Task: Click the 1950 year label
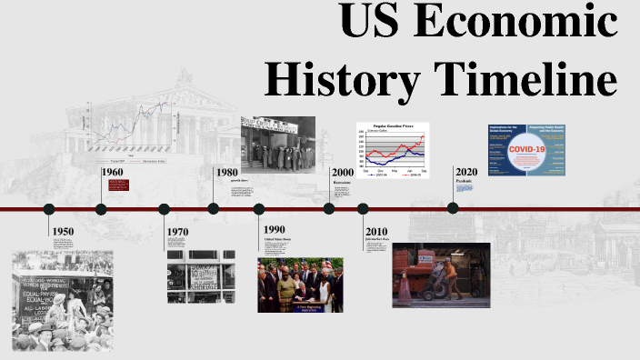pyautogui.click(x=64, y=232)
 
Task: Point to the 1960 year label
pyautogui.click(x=113, y=173)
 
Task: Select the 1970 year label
pyautogui.click(x=177, y=232)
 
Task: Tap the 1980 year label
pyautogui.click(x=227, y=173)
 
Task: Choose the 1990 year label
pyautogui.click(x=275, y=228)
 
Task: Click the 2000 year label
pyautogui.click(x=343, y=173)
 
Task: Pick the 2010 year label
pyautogui.click(x=376, y=232)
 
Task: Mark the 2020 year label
pyautogui.click(x=465, y=173)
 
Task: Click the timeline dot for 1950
pyautogui.click(x=49, y=209)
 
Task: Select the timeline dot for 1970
pyautogui.click(x=165, y=209)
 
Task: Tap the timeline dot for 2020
pyautogui.click(x=453, y=208)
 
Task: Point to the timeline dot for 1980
pyautogui.click(x=214, y=209)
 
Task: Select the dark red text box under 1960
pyautogui.click(x=118, y=185)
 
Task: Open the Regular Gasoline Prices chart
pyautogui.click(x=391, y=148)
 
